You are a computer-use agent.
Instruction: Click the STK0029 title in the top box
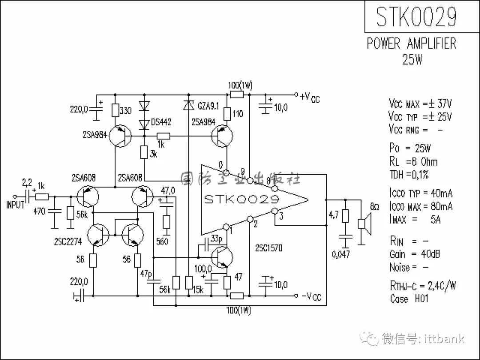point(416,17)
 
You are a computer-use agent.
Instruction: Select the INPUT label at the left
point(16,205)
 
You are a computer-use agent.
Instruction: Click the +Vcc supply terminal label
point(310,97)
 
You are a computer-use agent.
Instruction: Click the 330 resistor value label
point(126,111)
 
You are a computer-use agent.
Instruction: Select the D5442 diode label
point(161,122)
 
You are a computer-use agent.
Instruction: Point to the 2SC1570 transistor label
point(268,248)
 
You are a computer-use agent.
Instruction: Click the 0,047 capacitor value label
point(341,254)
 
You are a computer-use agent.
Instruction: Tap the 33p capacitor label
point(216,238)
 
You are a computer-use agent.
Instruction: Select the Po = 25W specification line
point(410,148)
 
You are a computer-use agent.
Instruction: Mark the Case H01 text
point(409,299)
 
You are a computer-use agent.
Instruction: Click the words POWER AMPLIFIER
point(411,44)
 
